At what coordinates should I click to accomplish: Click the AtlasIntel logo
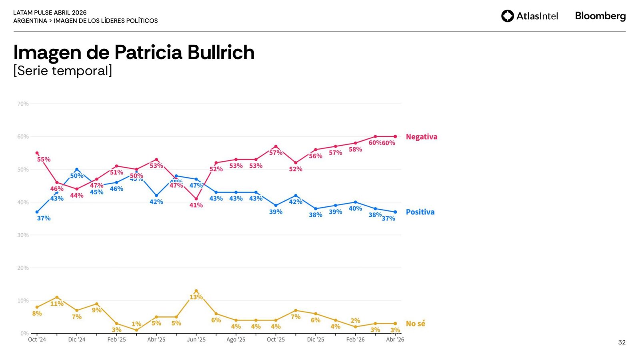pos(529,16)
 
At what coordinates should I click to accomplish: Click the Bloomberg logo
pos(600,16)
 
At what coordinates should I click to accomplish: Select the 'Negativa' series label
pos(421,137)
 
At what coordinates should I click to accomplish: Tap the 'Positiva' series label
pos(420,212)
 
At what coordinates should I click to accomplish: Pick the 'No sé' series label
pos(415,324)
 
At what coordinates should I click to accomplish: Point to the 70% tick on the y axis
pos(23,104)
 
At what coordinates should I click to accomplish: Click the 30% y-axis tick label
pos(23,235)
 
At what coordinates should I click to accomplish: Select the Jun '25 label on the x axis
pos(196,340)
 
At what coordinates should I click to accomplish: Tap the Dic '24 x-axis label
pos(76,340)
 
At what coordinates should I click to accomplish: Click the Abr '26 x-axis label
pos(395,340)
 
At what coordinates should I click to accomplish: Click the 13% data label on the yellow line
pos(196,297)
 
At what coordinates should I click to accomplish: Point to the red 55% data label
pos(44,159)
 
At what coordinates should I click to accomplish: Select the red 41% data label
pos(196,205)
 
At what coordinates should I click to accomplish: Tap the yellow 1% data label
pos(136,324)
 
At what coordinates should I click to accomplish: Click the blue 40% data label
pos(355,208)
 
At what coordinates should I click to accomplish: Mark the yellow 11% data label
pos(57,304)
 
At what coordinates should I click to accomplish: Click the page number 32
pos(622,342)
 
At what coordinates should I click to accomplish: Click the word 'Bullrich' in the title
pos(221,52)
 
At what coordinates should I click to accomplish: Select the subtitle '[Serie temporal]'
pos(63,71)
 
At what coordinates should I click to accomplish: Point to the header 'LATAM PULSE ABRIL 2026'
pos(50,13)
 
